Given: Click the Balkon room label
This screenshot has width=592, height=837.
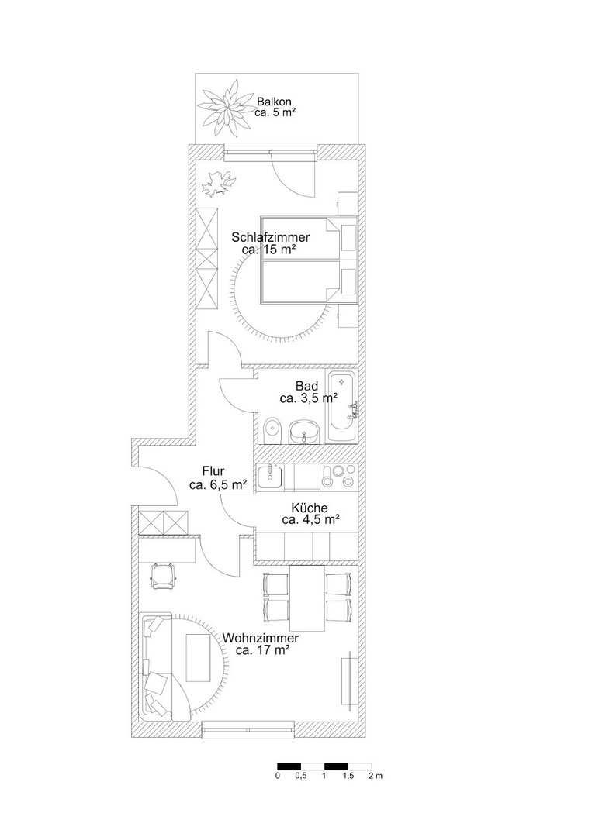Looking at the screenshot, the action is point(274,102).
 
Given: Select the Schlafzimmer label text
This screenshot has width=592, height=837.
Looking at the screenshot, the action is point(270,238).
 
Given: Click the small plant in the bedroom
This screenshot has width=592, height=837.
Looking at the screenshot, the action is point(219,183).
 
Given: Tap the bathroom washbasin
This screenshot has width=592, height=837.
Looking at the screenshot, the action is point(303,432).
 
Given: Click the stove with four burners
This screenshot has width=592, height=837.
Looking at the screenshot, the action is point(339,476).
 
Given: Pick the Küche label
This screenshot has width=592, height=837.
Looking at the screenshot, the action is point(310,508).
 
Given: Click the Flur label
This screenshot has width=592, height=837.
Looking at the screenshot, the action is point(213,471).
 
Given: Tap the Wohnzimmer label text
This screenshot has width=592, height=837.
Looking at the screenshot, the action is point(261,638).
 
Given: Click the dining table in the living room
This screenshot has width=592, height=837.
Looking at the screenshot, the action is point(307,598).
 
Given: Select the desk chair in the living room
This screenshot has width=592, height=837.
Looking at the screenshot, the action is point(163,575).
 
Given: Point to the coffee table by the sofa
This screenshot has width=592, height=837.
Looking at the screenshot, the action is point(199,657).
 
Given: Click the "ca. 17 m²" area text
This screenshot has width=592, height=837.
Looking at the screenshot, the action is point(263,651).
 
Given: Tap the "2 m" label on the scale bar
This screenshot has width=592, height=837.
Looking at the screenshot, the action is point(375,776).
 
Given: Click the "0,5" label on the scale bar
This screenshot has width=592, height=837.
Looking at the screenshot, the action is point(301,776).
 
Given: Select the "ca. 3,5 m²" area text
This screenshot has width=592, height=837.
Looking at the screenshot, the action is point(308,398).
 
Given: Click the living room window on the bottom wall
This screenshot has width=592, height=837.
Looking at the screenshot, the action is point(248,729).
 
